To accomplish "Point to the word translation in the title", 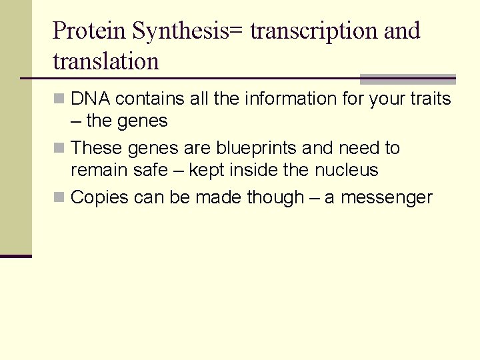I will [x=106, y=61].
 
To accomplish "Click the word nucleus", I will [x=345, y=171].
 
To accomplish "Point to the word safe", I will [x=151, y=171].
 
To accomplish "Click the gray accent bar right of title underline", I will [x=407, y=79].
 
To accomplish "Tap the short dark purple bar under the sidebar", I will [x=16, y=256].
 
